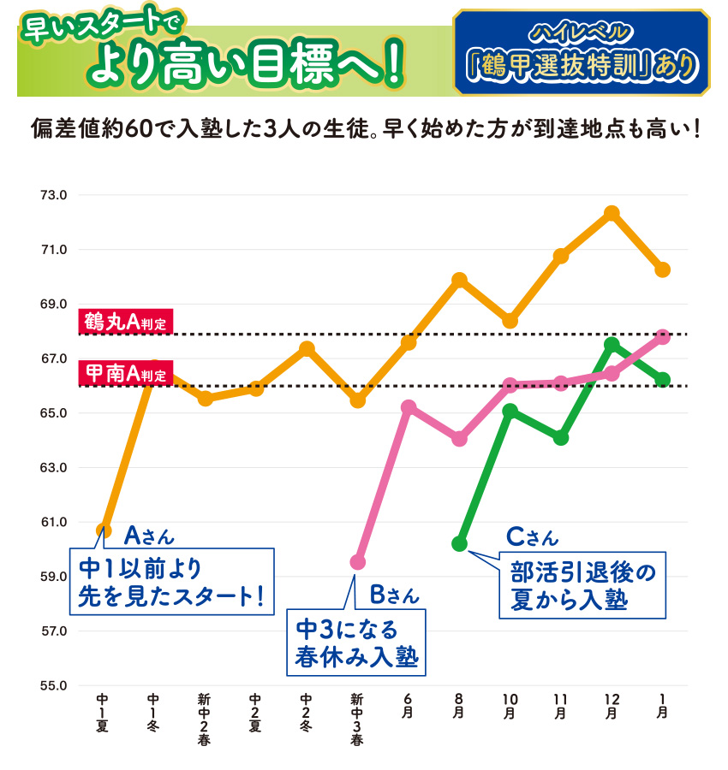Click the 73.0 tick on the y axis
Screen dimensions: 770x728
(53, 195)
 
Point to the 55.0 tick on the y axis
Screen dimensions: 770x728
(53, 685)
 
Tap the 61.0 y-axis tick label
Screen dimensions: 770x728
(53, 522)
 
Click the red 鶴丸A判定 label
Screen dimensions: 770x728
(125, 322)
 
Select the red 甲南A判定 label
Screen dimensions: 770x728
(125, 373)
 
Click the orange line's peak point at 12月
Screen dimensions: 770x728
(611, 213)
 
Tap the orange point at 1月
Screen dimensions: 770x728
(662, 269)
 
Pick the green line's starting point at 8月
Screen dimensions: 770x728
(459, 543)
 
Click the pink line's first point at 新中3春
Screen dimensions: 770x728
(358, 562)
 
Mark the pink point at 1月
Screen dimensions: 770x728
(662, 336)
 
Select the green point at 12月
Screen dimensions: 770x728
(611, 344)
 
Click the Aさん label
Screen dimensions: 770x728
(149, 536)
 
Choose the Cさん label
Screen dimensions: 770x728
(532, 536)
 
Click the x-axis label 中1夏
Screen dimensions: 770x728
(103, 713)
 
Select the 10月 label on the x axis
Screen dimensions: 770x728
(510, 707)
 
